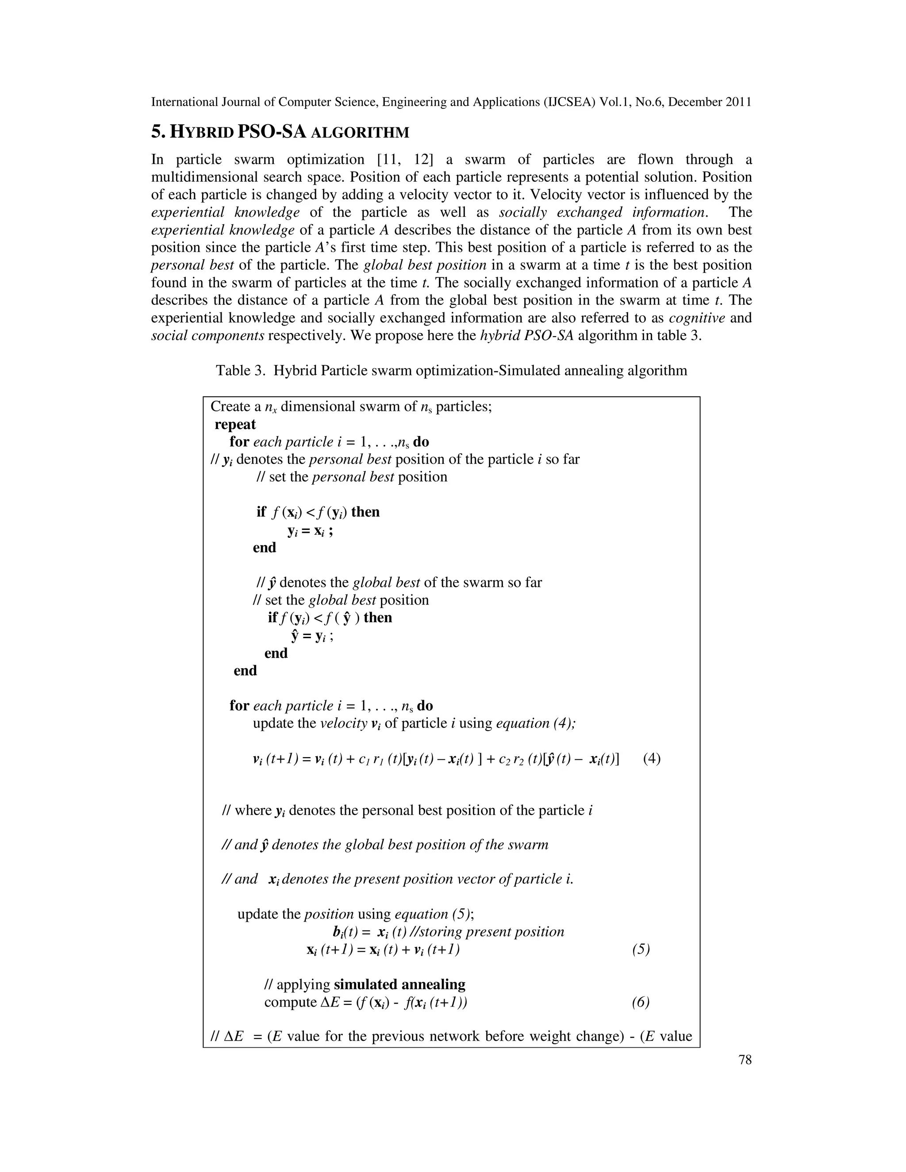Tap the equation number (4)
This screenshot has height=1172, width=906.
coord(652,759)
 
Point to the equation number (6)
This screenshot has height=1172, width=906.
coord(641,1002)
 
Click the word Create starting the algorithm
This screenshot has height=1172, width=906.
coord(231,407)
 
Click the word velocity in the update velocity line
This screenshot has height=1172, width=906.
coord(343,724)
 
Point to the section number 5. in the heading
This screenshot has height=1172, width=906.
coord(158,132)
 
